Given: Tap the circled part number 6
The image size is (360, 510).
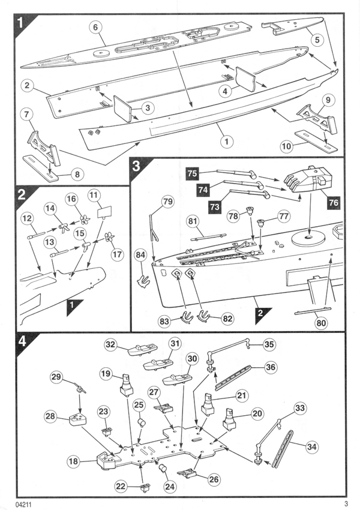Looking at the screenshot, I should pyautogui.click(x=95, y=26).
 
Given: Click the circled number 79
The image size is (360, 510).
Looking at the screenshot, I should pyautogui.click(x=167, y=202).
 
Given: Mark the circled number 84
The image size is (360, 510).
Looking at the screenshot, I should pyautogui.click(x=142, y=256).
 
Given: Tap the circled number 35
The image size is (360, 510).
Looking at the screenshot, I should pyautogui.click(x=269, y=344).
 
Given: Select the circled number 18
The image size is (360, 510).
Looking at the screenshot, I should pyautogui.click(x=73, y=461).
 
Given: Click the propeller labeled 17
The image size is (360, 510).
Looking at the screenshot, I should pyautogui.click(x=109, y=238).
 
